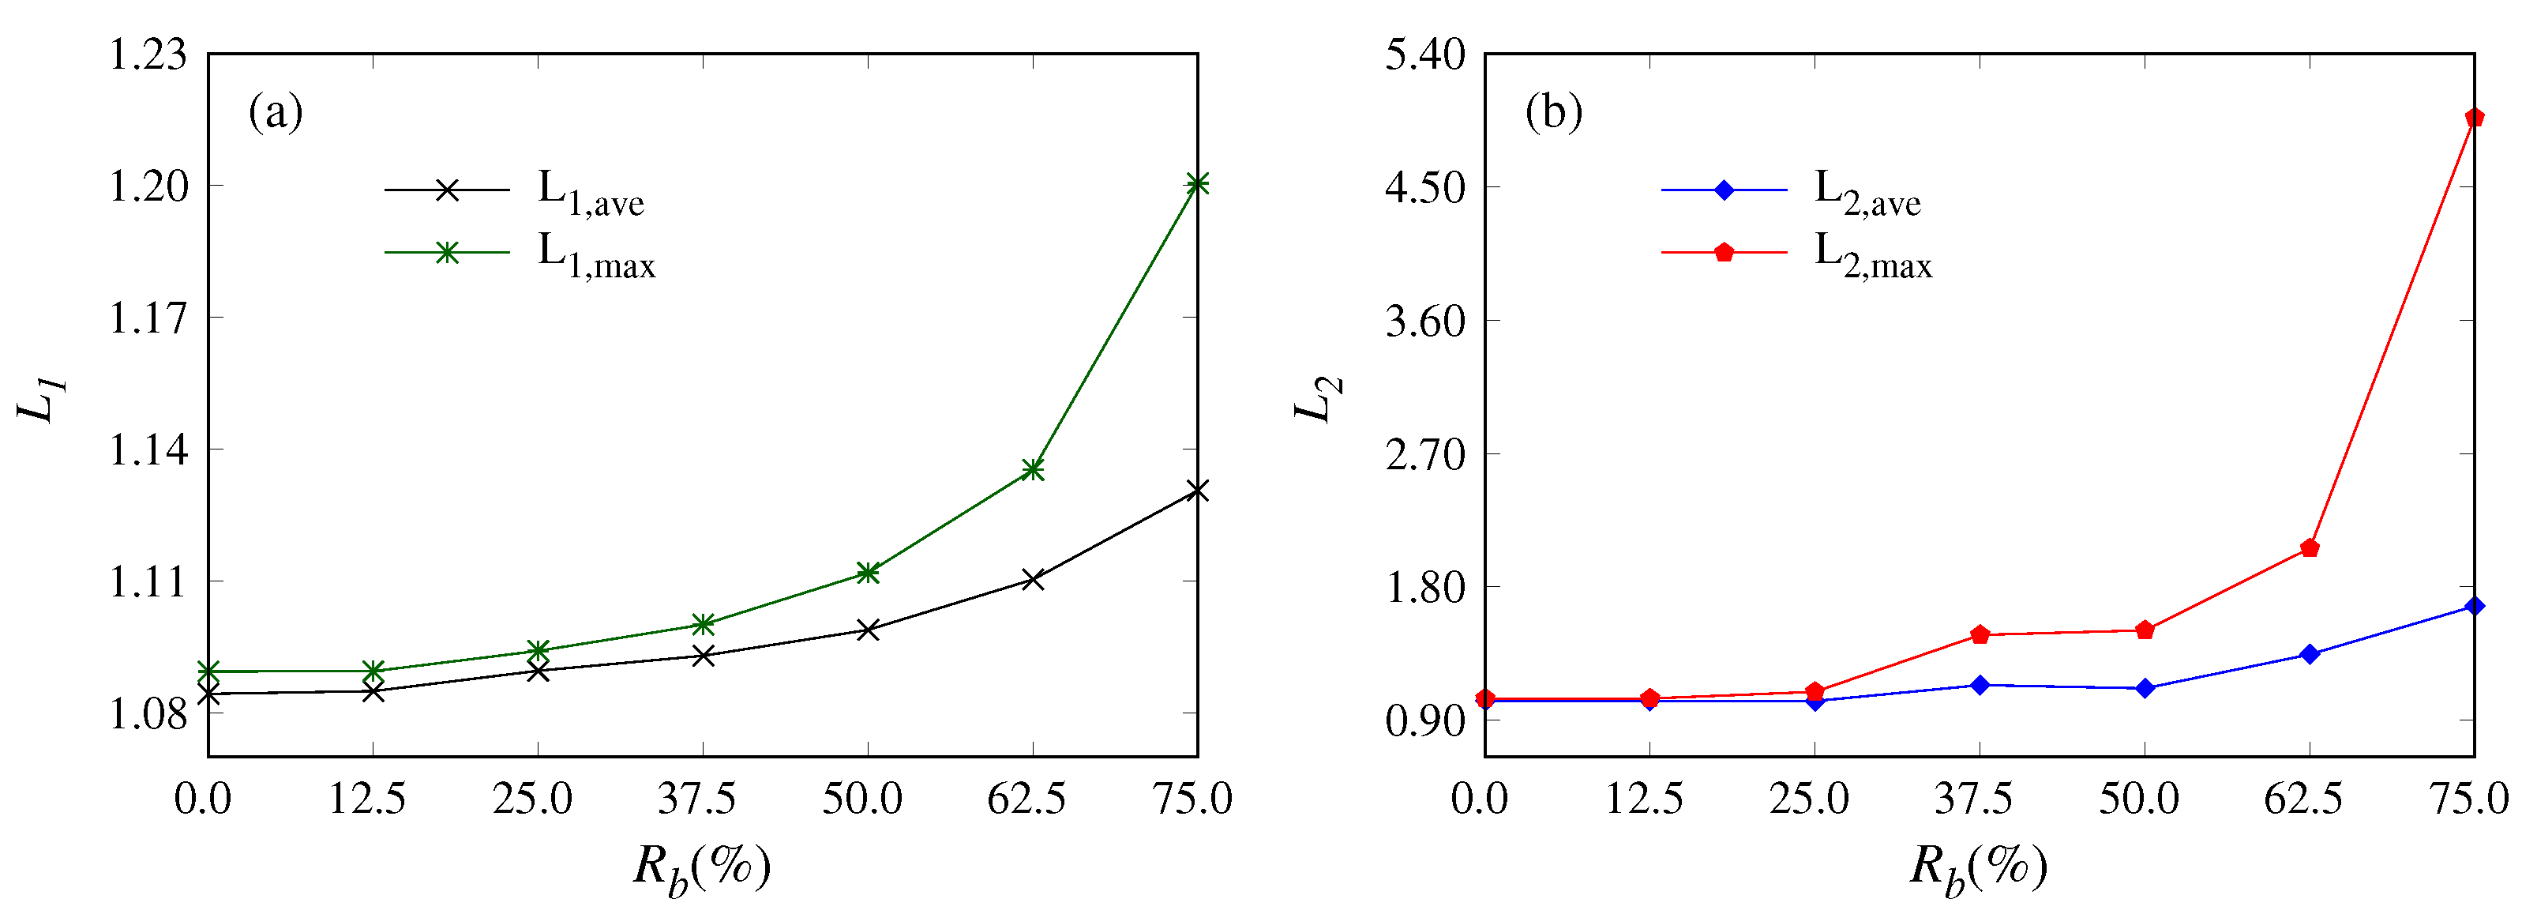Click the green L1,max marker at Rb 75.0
point(1196,184)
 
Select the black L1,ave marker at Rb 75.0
point(1196,491)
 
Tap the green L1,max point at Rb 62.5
point(1032,470)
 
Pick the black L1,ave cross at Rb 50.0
point(868,630)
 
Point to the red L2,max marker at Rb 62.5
point(2309,548)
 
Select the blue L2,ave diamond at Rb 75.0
point(2473,607)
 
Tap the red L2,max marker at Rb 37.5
point(1980,635)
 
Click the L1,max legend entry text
point(596,255)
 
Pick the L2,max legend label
point(1872,255)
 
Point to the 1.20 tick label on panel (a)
point(148,186)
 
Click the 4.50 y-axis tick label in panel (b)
point(1425,187)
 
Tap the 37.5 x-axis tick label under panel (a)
point(696,798)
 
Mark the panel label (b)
point(1553,111)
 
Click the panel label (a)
point(276,111)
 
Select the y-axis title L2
point(1317,399)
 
